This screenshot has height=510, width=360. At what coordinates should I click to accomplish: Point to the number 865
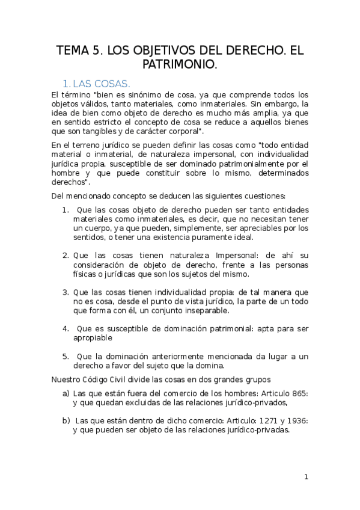click(298, 393)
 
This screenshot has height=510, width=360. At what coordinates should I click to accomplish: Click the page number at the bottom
click(306, 477)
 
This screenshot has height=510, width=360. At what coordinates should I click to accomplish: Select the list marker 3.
click(66, 292)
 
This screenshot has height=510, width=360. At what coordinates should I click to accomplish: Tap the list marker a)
click(66, 393)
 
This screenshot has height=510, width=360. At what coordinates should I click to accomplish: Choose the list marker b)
click(66, 420)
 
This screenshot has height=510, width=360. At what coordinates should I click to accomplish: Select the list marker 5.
click(66, 356)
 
